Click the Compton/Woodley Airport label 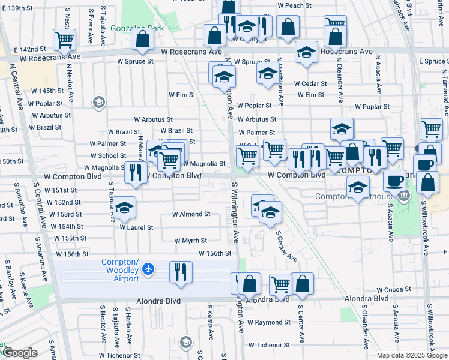coord(120,270)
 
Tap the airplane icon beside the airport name coord(150,269)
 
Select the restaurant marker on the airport coord(180,272)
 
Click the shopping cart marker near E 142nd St coord(64,40)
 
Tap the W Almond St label coord(191,214)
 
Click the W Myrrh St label coord(191,241)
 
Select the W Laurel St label coord(136,228)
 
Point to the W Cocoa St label coord(393,290)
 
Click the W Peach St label coord(294,5)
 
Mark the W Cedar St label coord(310,84)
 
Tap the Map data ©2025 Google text coord(412,355)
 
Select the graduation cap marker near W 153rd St coord(124,208)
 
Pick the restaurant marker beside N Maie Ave coord(136,172)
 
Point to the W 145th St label coord(48,90)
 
